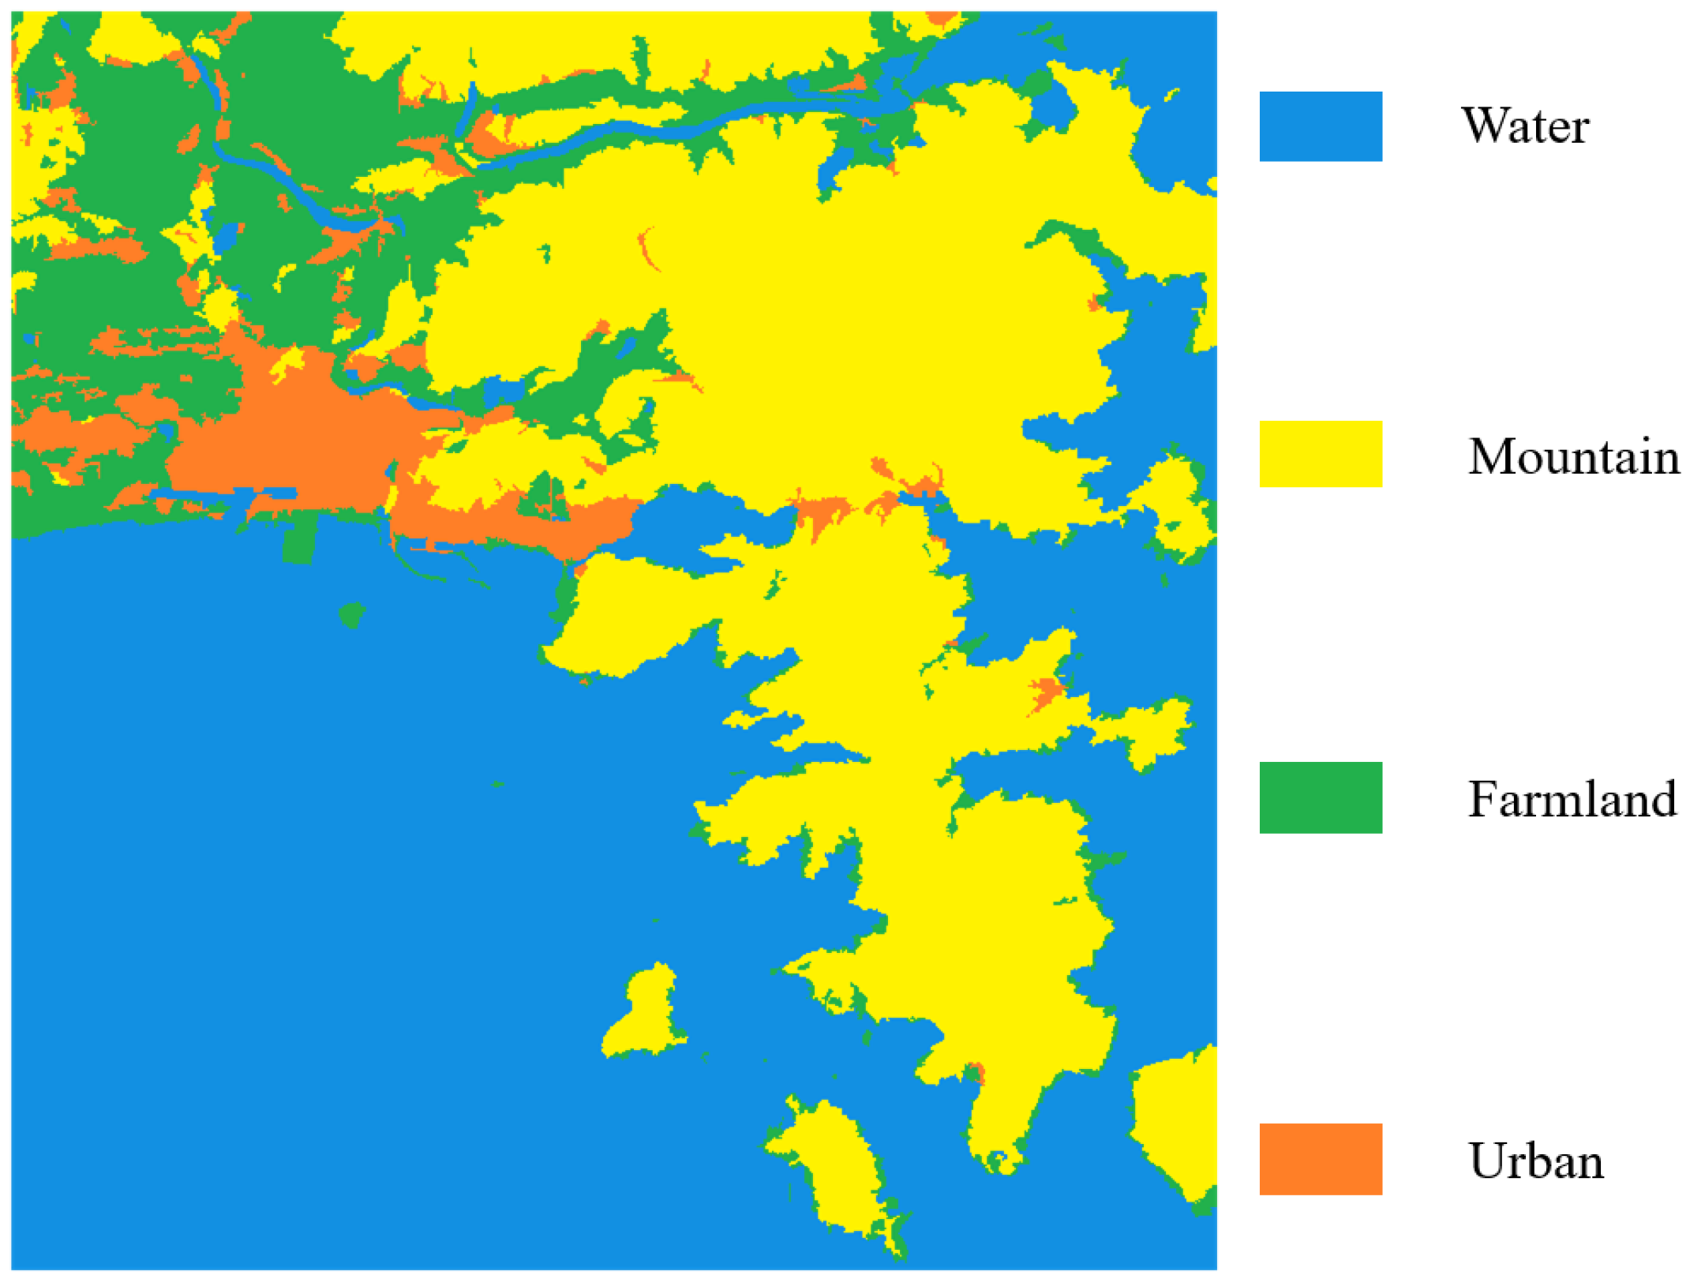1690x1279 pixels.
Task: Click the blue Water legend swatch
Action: coord(1320,126)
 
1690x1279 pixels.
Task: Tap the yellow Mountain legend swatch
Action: coord(1320,454)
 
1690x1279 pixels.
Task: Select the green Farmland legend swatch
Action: coord(1320,797)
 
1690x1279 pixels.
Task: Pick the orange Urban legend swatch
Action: coord(1320,1158)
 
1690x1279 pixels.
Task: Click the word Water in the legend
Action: coord(1525,126)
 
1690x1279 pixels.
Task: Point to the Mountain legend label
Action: coord(1573,456)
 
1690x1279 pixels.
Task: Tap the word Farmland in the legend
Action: coord(1572,799)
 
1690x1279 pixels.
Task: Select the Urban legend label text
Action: coord(1535,1161)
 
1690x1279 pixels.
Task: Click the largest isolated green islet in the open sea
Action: coord(352,613)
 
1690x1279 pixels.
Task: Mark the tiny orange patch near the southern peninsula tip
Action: coord(976,1072)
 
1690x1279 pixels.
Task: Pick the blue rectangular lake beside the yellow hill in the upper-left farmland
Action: coord(227,237)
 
